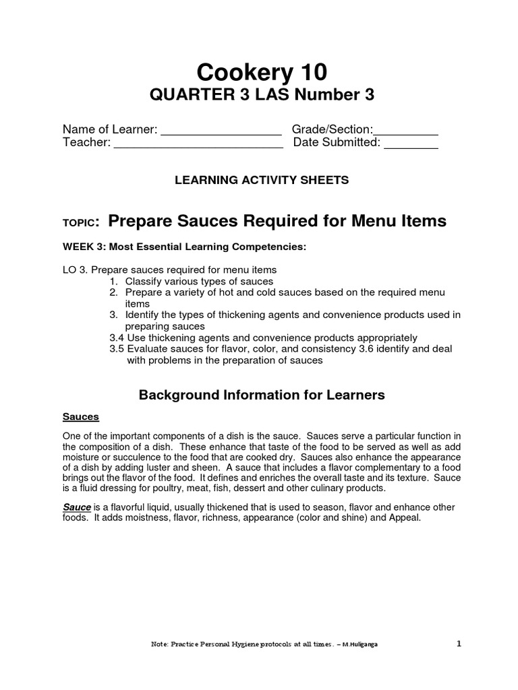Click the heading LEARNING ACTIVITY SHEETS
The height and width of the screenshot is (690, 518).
262,180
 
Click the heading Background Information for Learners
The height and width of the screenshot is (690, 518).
262,396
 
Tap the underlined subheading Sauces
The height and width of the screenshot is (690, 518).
81,417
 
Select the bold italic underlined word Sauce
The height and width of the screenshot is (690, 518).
77,507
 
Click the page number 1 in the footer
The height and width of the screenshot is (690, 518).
459,644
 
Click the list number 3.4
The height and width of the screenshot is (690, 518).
117,338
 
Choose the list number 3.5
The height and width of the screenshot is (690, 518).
117,349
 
